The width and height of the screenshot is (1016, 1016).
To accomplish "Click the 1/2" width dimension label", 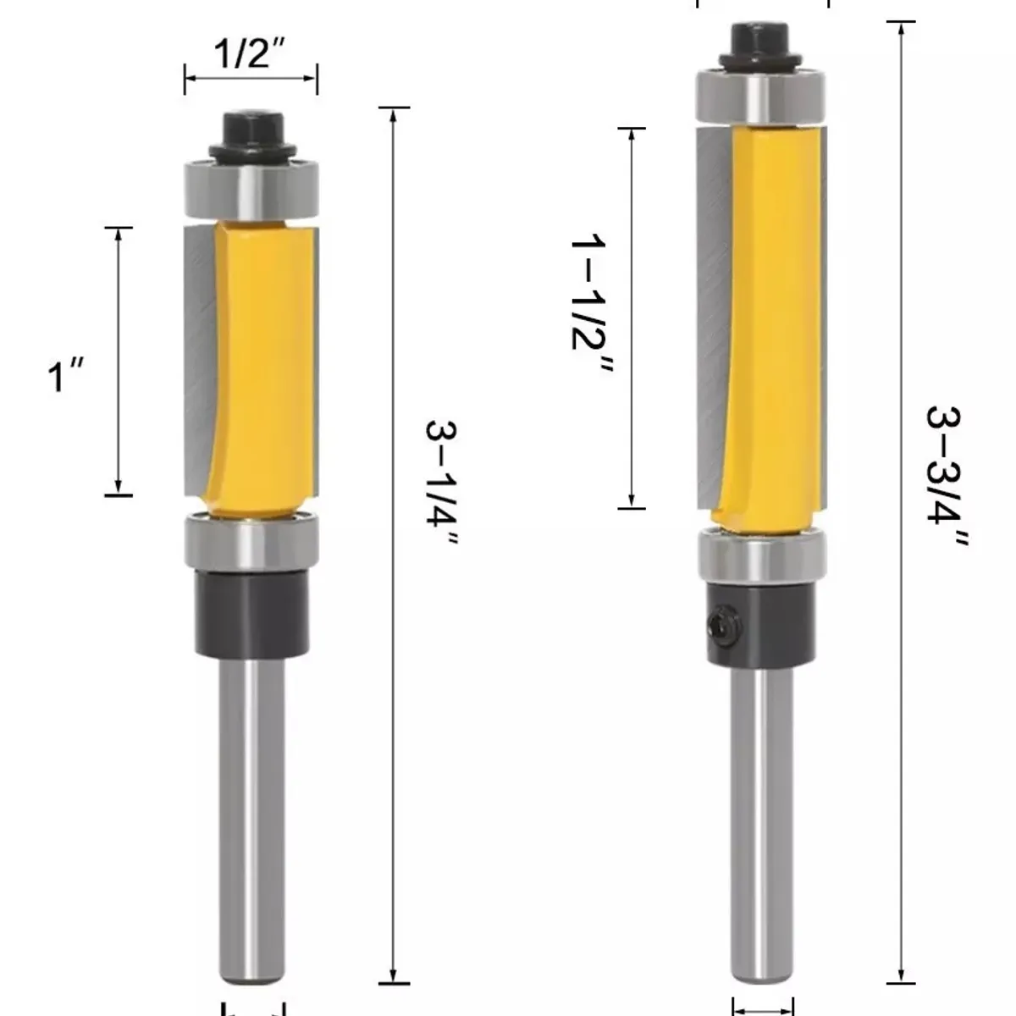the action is tap(249, 53).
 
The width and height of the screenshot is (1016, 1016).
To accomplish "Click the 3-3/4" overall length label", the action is tap(947, 478).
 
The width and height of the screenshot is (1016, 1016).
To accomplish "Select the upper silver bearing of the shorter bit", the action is tap(251, 189).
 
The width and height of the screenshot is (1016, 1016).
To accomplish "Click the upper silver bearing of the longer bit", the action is tap(760, 97).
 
